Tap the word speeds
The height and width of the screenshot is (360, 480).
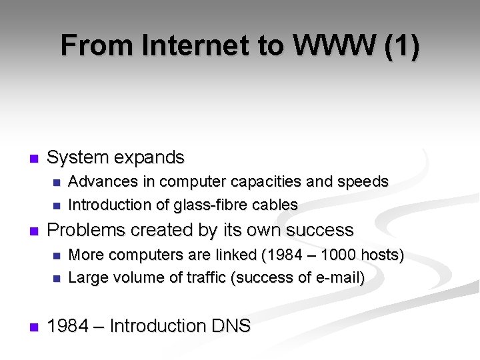(363, 181)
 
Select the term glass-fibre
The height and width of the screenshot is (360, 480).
(207, 205)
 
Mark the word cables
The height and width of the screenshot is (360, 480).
(273, 205)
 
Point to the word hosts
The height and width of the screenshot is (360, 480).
(382, 255)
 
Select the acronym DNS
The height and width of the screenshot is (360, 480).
(231, 326)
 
